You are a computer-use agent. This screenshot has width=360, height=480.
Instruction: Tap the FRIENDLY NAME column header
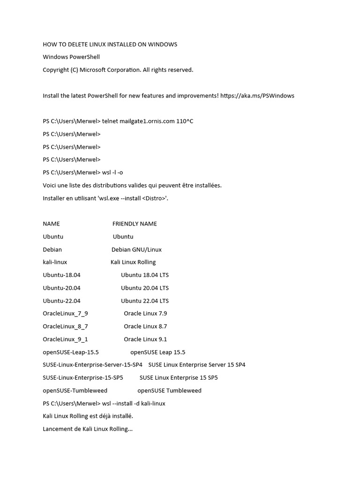tap(135, 224)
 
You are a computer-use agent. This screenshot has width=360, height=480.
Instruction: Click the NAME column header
tap(51, 224)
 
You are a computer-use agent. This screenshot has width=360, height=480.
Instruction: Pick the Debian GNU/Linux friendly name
tap(136, 249)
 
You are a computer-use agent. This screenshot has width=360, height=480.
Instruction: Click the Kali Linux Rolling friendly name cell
tap(133, 262)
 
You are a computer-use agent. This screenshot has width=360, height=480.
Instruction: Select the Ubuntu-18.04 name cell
tap(61, 275)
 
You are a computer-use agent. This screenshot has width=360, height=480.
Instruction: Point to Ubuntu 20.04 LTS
tap(145, 288)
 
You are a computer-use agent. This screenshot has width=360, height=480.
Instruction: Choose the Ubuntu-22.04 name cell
tap(61, 301)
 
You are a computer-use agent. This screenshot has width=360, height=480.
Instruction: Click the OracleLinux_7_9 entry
tap(65, 314)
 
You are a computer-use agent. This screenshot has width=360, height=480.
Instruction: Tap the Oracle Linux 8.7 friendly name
tap(145, 326)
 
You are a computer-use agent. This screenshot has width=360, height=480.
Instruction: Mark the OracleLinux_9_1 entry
tap(65, 339)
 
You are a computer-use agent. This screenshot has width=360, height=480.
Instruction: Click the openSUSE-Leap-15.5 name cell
tap(71, 352)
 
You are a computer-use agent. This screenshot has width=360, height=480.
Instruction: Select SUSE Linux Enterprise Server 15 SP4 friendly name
tap(196, 365)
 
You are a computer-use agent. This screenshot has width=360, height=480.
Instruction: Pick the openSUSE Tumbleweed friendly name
tap(169, 390)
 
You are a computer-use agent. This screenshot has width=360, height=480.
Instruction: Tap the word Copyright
tap(57, 70)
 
